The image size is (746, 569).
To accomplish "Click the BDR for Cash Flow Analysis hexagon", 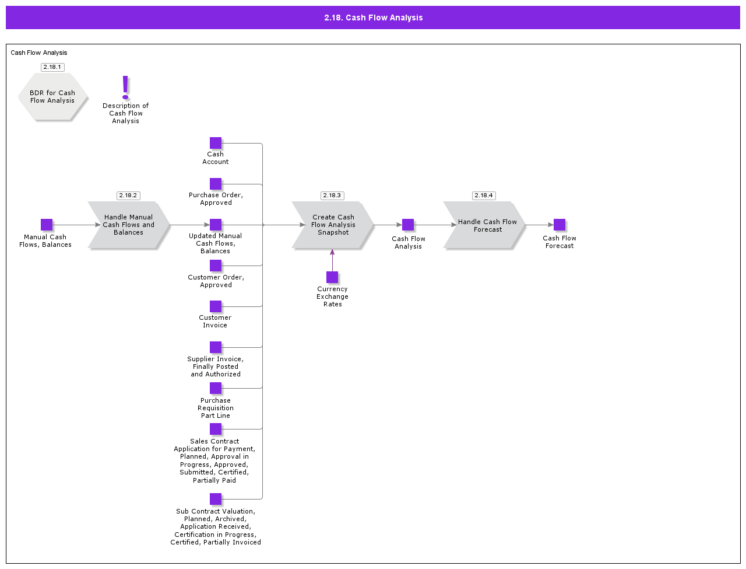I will pyautogui.click(x=52, y=97).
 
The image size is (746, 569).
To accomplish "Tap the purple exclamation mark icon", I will pyautogui.click(x=125, y=87).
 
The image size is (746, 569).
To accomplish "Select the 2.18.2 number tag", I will pyautogui.click(x=128, y=196).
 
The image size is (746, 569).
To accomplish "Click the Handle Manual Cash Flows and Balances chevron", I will pyautogui.click(x=128, y=225).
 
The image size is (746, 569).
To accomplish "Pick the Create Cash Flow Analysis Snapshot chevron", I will pyautogui.click(x=333, y=225).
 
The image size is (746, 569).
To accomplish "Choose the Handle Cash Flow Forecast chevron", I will pyautogui.click(x=484, y=225).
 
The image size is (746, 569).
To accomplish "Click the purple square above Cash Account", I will pyautogui.click(x=216, y=143).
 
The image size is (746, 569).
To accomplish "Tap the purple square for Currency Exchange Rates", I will pyautogui.click(x=332, y=277).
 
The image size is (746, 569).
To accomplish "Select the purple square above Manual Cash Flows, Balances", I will pyautogui.click(x=47, y=225).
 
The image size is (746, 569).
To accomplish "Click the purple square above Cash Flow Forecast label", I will pyautogui.click(x=559, y=225).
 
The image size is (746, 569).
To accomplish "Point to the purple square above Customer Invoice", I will pyautogui.click(x=216, y=306).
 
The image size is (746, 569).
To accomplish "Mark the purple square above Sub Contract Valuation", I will pyautogui.click(x=216, y=499).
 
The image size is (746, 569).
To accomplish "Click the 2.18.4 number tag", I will pyautogui.click(x=483, y=196).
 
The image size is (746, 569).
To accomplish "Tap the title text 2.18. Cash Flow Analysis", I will pyautogui.click(x=373, y=18).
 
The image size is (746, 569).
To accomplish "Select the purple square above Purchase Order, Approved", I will pyautogui.click(x=216, y=184).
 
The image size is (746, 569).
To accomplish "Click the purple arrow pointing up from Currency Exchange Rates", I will pyautogui.click(x=332, y=260).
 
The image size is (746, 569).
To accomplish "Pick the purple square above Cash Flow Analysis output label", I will pyautogui.click(x=408, y=225).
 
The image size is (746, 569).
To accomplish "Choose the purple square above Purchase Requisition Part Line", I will pyautogui.click(x=216, y=388).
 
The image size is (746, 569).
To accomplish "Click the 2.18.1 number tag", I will pyautogui.click(x=52, y=67).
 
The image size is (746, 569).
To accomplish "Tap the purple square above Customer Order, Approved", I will pyautogui.click(x=216, y=266).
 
